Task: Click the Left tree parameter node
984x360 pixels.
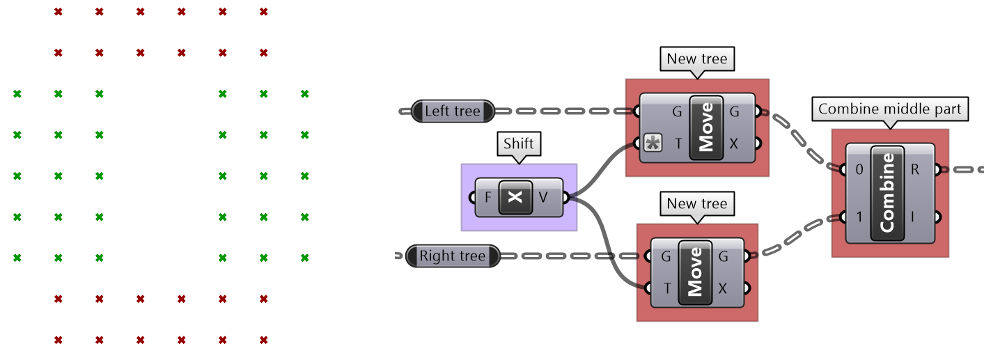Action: (452, 111)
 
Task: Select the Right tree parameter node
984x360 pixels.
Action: (452, 256)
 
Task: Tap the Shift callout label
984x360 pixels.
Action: (519, 144)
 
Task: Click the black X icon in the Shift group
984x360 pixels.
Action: (515, 197)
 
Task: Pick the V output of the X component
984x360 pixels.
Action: (543, 197)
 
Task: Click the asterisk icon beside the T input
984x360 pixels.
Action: (653, 144)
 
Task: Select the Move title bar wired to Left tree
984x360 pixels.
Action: (706, 128)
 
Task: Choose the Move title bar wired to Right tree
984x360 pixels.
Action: (695, 273)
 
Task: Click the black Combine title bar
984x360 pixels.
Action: (887, 193)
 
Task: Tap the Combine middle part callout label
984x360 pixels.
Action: (889, 109)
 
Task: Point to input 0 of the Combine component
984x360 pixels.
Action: (858, 169)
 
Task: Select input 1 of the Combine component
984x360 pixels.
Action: (858, 217)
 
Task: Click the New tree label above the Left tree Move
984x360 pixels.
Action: (696, 59)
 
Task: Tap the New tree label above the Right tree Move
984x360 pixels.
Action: (696, 204)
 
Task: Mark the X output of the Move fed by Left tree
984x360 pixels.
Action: (734, 144)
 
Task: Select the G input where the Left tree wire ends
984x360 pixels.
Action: (677, 111)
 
